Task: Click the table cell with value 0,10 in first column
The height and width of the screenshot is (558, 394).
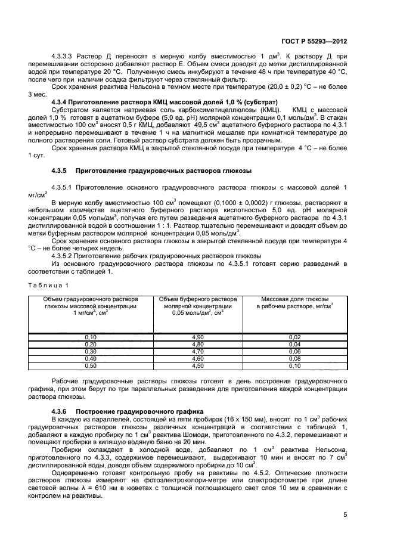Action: pyautogui.click(x=91, y=337)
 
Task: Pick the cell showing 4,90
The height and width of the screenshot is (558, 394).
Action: pyautogui.click(x=197, y=337)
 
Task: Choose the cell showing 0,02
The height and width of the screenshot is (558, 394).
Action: pyautogui.click(x=294, y=337)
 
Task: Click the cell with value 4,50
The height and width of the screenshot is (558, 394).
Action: pyautogui.click(x=197, y=366)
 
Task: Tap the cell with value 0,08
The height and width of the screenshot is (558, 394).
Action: pyautogui.click(x=294, y=359)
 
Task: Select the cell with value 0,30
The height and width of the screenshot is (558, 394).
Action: pyautogui.click(x=91, y=352)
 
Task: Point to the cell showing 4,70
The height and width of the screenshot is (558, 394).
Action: pyautogui.click(x=197, y=352)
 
